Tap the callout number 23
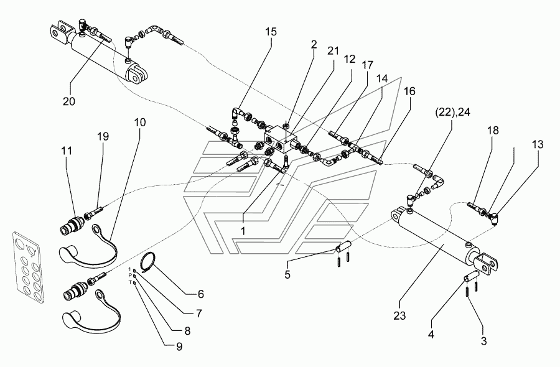pyautogui.click(x=399, y=315)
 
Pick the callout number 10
pyautogui.click(x=139, y=123)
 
